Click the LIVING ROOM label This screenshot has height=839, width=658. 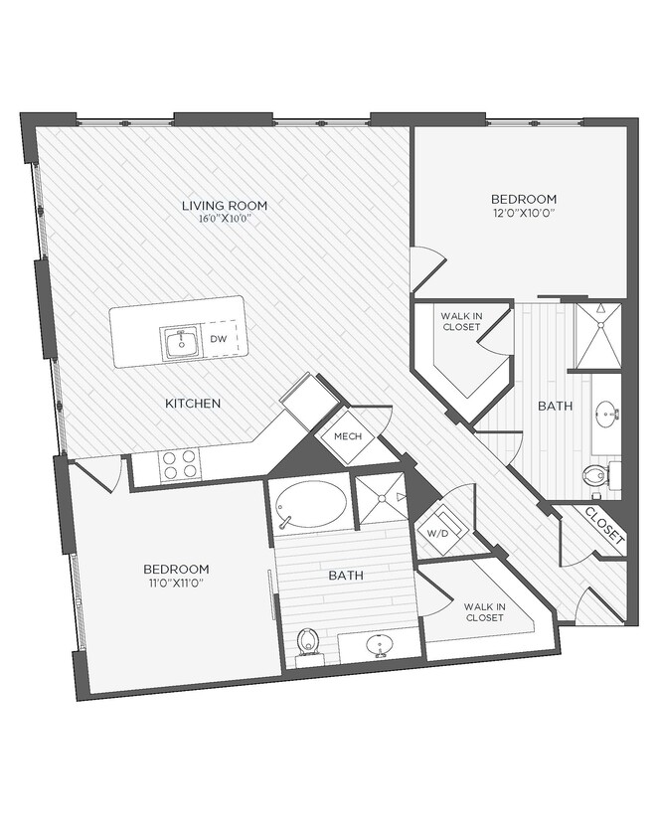click(x=224, y=206)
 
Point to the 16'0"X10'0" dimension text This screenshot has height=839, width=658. click(x=224, y=218)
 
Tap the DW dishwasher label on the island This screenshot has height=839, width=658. click(x=219, y=339)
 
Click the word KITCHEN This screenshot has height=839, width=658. click(x=193, y=404)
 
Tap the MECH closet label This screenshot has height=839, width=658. click(x=345, y=437)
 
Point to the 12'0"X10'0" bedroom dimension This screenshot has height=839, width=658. click(x=522, y=212)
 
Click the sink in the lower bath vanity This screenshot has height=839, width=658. click(x=379, y=647)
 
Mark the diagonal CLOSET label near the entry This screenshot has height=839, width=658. click(x=603, y=529)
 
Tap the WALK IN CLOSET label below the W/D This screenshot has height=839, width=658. click(x=484, y=610)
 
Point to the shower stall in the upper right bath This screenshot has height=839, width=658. click(x=598, y=337)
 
